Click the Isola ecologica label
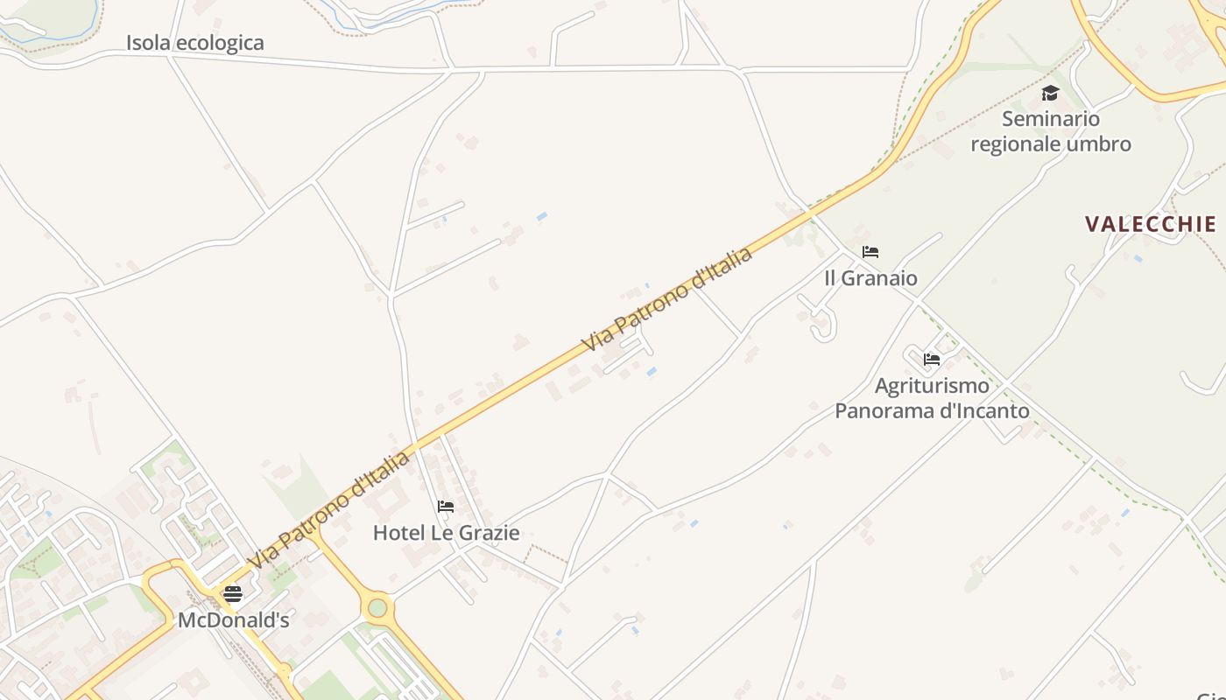point(194,43)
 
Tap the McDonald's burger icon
point(232,594)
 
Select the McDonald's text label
point(233,620)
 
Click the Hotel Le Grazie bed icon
point(446,507)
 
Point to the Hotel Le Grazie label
point(446,533)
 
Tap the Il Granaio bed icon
point(870,252)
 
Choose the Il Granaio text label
point(870,278)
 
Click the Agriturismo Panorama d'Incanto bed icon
point(932,359)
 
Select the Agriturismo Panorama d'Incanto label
point(932,398)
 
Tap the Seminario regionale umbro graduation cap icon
point(1050,93)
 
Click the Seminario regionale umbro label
point(1051,131)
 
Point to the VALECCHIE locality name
point(1151,224)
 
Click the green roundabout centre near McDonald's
point(377,607)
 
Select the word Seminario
point(1051,119)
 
